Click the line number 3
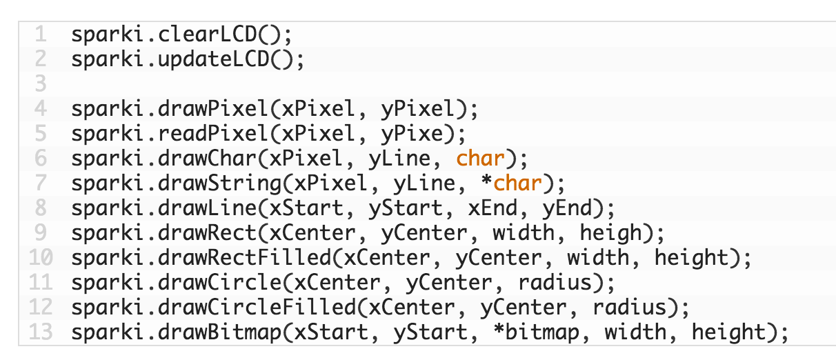(41, 83)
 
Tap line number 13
(41, 332)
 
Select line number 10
(41, 257)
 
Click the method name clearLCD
(208, 34)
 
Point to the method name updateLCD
(214, 59)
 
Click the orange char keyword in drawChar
(480, 158)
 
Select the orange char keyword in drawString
(517, 183)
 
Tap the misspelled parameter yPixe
(412, 134)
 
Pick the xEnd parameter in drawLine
(492, 208)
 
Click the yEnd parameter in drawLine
(567, 208)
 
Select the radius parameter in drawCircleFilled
(630, 307)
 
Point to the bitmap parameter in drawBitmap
(543, 332)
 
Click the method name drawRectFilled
(245, 257)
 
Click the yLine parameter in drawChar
(399, 158)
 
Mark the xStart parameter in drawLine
(306, 208)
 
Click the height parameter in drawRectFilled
(692, 257)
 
